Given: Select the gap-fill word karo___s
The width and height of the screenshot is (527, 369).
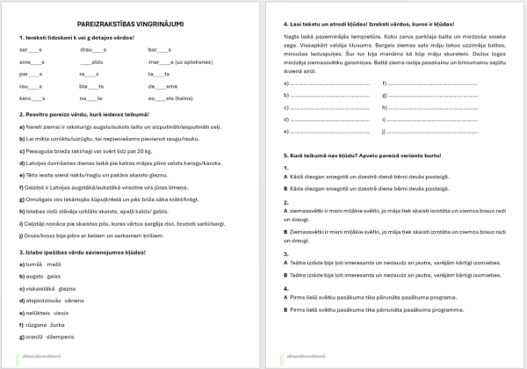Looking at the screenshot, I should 32,99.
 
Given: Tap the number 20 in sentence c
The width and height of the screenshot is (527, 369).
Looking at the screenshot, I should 157,149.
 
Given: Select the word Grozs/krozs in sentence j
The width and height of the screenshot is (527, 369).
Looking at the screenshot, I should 38,235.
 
